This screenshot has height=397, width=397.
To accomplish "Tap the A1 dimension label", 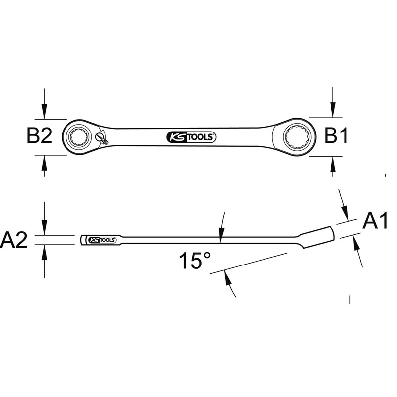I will [375, 221].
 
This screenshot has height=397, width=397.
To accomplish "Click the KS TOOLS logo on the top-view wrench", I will [191, 137].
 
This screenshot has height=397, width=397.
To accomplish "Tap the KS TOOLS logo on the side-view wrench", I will [102, 240].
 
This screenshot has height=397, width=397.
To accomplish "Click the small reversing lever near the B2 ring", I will [101, 138].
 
